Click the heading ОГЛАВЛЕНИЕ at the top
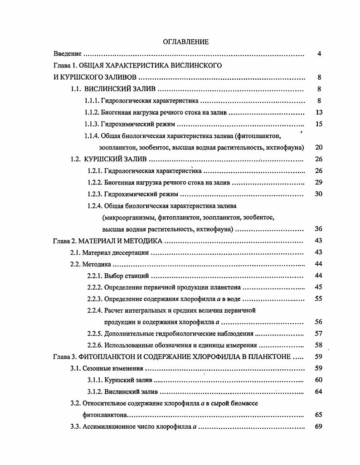(x=186, y=42)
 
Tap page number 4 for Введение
(x=319, y=54)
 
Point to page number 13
(x=318, y=112)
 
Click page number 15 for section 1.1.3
(x=318, y=124)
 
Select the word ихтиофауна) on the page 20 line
(x=287, y=148)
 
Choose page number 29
(x=318, y=183)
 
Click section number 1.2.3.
(x=94, y=194)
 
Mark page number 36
(x=318, y=229)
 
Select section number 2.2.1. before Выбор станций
(x=94, y=276)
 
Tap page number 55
(x=318, y=299)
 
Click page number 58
(x=318, y=346)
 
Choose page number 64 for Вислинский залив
(x=318, y=392)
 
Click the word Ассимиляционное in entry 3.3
(x=106, y=427)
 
